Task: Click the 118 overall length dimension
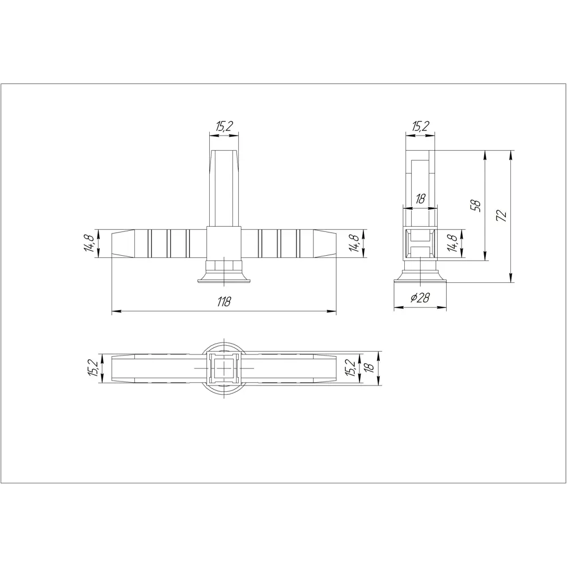(225, 302)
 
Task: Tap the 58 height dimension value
(476, 205)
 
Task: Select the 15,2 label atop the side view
(420, 126)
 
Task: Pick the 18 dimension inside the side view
(420, 199)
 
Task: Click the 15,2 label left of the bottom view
(90, 368)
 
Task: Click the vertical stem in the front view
(225, 187)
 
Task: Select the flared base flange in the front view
(225, 278)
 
